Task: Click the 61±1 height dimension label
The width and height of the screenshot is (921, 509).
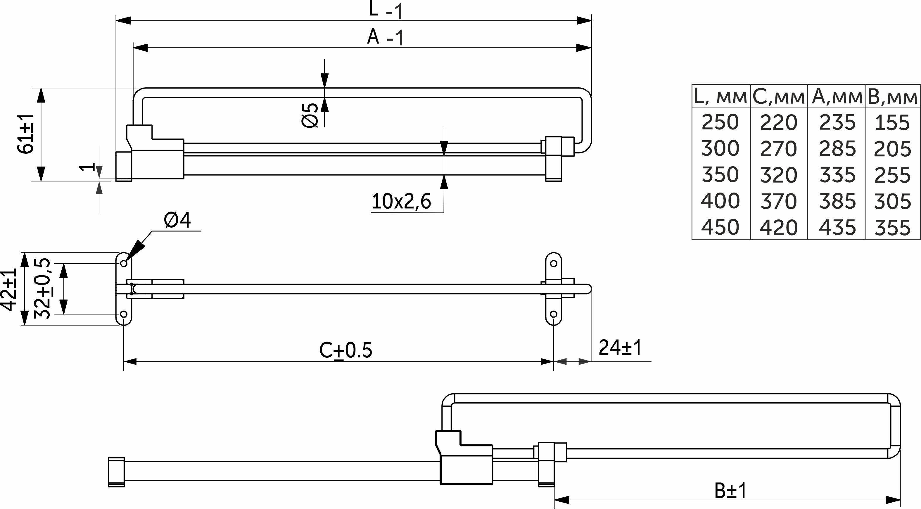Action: [25, 134]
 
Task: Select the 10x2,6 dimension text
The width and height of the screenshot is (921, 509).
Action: [401, 201]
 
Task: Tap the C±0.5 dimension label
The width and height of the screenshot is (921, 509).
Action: [346, 350]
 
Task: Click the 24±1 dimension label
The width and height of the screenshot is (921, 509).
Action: [620, 347]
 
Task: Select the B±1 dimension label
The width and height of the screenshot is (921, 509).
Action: [731, 491]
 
